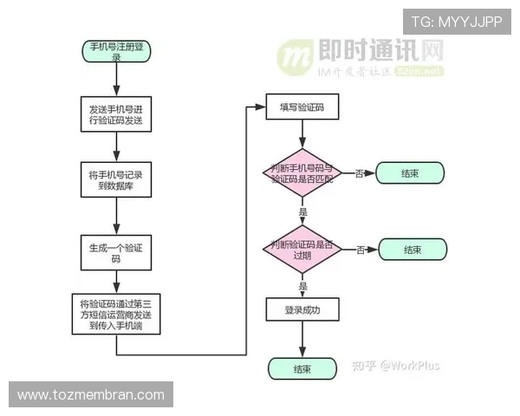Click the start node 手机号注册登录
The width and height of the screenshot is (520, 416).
[x=116, y=50]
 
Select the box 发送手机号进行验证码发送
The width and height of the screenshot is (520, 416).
[x=116, y=114]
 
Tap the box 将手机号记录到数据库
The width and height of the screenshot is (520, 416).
[x=116, y=180]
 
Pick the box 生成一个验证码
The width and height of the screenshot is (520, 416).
[x=116, y=252]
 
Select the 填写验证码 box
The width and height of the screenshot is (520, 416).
[x=302, y=107]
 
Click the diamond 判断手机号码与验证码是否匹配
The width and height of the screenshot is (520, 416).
[x=302, y=173]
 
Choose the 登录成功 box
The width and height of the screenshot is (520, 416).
[x=302, y=309]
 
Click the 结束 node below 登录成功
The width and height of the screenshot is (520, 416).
[x=302, y=368]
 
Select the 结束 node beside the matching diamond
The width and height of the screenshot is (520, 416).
[x=410, y=173]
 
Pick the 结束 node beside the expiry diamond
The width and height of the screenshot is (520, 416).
[x=413, y=250]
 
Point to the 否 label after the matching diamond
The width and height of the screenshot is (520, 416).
[x=359, y=173]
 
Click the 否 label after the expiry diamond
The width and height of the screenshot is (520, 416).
[x=360, y=250]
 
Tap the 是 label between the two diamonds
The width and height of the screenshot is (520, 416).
[x=302, y=212]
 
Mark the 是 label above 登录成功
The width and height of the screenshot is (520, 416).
[x=302, y=285]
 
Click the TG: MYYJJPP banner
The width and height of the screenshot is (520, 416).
[x=456, y=21]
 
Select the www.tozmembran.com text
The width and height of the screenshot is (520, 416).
[x=90, y=394]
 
